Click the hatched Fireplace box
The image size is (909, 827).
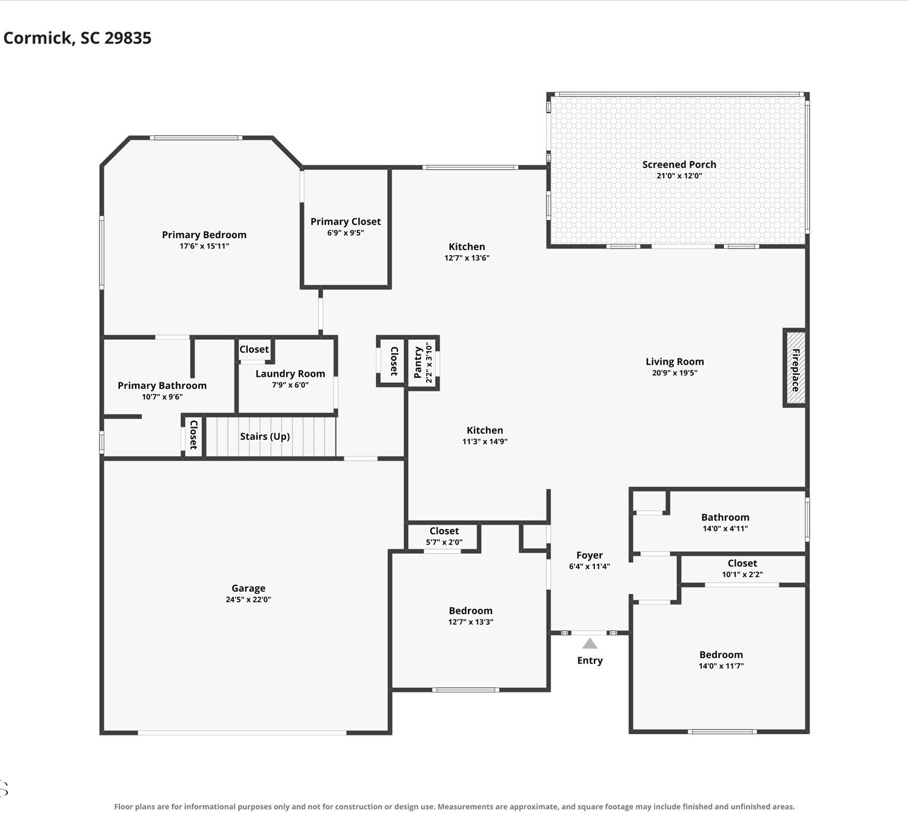[795, 368]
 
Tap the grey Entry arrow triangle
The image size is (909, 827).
[590, 643]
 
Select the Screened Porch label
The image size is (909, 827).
[679, 165]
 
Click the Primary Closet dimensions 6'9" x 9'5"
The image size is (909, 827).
[346, 233]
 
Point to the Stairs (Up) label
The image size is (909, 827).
[265, 436]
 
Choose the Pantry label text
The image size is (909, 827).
[418, 362]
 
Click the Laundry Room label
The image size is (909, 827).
[290, 374]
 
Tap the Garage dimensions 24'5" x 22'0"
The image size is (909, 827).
[248, 600]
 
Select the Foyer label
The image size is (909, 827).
[590, 555]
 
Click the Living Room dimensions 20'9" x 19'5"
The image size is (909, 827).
[674, 373]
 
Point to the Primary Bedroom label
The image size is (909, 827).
[204, 234]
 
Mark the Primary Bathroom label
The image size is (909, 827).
[162, 386]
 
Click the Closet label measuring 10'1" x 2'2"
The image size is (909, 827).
[742, 563]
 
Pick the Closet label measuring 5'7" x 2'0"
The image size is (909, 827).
[444, 531]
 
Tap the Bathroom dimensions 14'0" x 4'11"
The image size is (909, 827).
[725, 528]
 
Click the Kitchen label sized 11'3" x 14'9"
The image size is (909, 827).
[485, 431]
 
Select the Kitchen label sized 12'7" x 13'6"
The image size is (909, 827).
[467, 247]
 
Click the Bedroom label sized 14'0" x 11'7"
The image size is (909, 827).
[721, 655]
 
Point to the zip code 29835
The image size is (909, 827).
[128, 38]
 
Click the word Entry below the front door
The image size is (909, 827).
[590, 661]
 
